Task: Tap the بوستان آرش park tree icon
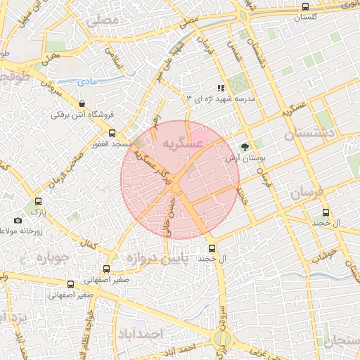(x=245, y=147)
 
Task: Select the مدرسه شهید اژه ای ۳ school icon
(x=221, y=89)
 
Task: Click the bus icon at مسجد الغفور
(x=112, y=133)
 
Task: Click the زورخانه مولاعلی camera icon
(x=18, y=220)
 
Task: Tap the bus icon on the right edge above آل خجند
(x=325, y=212)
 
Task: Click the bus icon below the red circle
(x=212, y=248)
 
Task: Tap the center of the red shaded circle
(x=180, y=180)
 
